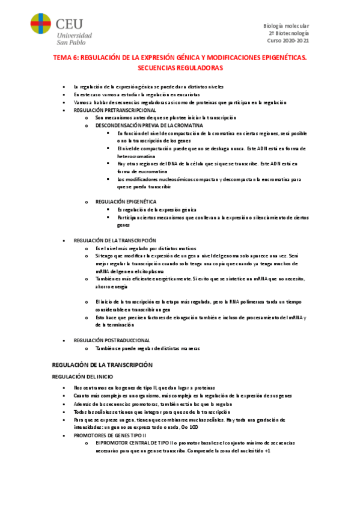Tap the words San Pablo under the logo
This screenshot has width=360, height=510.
point(75,42)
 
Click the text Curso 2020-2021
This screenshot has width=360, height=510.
point(288,40)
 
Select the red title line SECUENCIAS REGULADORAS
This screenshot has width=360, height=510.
point(180,68)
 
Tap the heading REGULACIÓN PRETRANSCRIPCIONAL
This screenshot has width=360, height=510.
point(115,111)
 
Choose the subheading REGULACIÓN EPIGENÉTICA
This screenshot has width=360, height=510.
point(126,201)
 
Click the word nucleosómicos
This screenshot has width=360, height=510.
point(166,179)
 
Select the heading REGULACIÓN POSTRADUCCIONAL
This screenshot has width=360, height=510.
point(112,340)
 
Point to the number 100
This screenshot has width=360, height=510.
point(194,426)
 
